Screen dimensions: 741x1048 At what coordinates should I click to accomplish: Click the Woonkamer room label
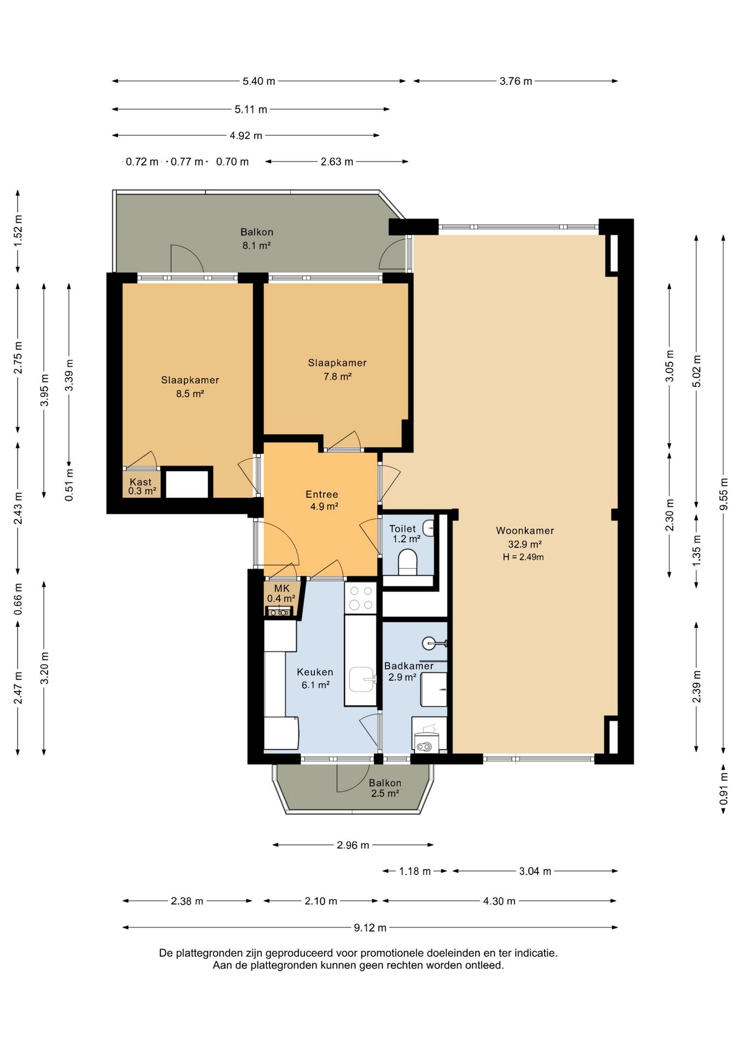coord(525,531)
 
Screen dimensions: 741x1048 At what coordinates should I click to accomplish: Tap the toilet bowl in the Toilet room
coord(408,562)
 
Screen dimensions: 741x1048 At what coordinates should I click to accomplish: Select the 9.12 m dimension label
coord(370,927)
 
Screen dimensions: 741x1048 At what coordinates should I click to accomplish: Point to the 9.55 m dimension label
coord(724,494)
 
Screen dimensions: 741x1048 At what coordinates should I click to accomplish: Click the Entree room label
coord(322,495)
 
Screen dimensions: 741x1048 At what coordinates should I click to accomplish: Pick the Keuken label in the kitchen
coord(315,672)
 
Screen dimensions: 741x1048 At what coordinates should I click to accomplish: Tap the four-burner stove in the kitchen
coord(361,598)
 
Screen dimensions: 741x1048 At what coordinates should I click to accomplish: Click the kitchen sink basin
coord(362,679)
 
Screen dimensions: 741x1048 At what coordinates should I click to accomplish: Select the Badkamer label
coord(409,666)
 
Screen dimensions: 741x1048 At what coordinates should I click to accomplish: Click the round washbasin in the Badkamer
coord(429,643)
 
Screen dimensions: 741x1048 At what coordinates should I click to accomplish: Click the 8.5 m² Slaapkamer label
coord(190,386)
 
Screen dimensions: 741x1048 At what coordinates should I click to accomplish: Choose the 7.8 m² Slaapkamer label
coord(337,370)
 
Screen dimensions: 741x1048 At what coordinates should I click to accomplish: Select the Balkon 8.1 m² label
coord(256,239)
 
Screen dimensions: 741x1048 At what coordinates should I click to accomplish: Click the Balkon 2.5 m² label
coord(385,788)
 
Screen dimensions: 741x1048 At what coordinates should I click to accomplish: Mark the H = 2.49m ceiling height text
coord(523,557)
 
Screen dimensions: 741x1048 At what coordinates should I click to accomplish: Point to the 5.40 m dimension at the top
coord(259,81)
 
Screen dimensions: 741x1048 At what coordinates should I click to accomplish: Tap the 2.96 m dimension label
coord(353,845)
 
